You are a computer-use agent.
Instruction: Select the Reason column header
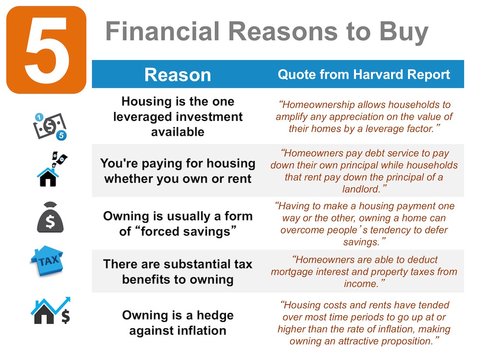[178, 74]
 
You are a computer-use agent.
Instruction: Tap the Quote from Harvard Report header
[364, 74]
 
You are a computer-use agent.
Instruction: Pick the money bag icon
[49, 219]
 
